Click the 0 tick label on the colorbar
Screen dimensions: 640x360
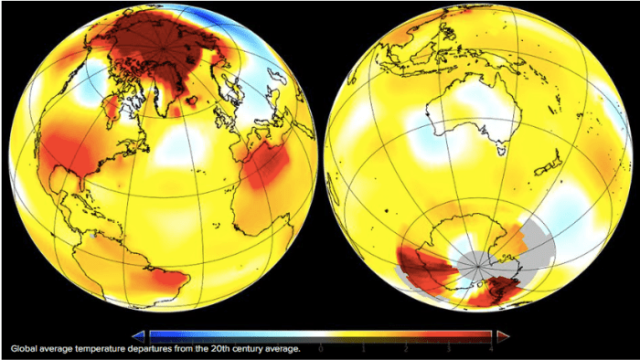point(321,348)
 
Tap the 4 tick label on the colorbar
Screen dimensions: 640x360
point(492,348)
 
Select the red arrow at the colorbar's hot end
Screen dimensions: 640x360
point(502,335)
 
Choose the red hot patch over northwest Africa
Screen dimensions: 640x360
point(268,164)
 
